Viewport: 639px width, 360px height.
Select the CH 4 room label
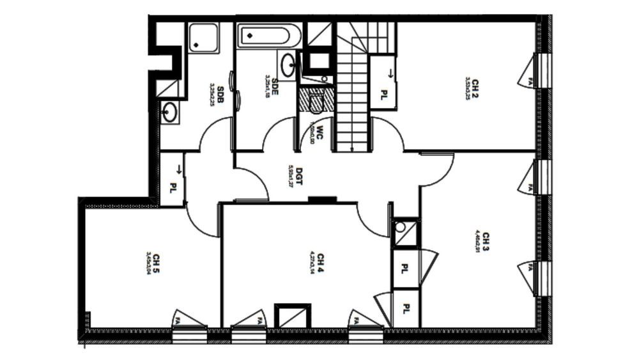point(319,262)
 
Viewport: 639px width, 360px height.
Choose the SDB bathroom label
point(219,94)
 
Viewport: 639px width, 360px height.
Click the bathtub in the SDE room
point(269,36)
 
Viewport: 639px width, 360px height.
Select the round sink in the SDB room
point(169,112)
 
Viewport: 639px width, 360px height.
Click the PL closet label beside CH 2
point(385,94)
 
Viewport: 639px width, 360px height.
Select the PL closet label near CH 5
point(173,189)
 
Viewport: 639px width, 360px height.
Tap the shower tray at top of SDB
point(203,38)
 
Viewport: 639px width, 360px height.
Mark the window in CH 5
point(190,333)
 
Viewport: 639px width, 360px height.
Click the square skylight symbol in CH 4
point(293,316)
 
